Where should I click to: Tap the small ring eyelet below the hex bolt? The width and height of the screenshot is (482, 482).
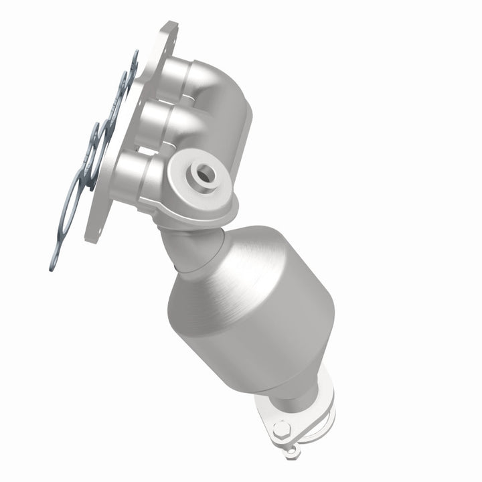tap(289, 453)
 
